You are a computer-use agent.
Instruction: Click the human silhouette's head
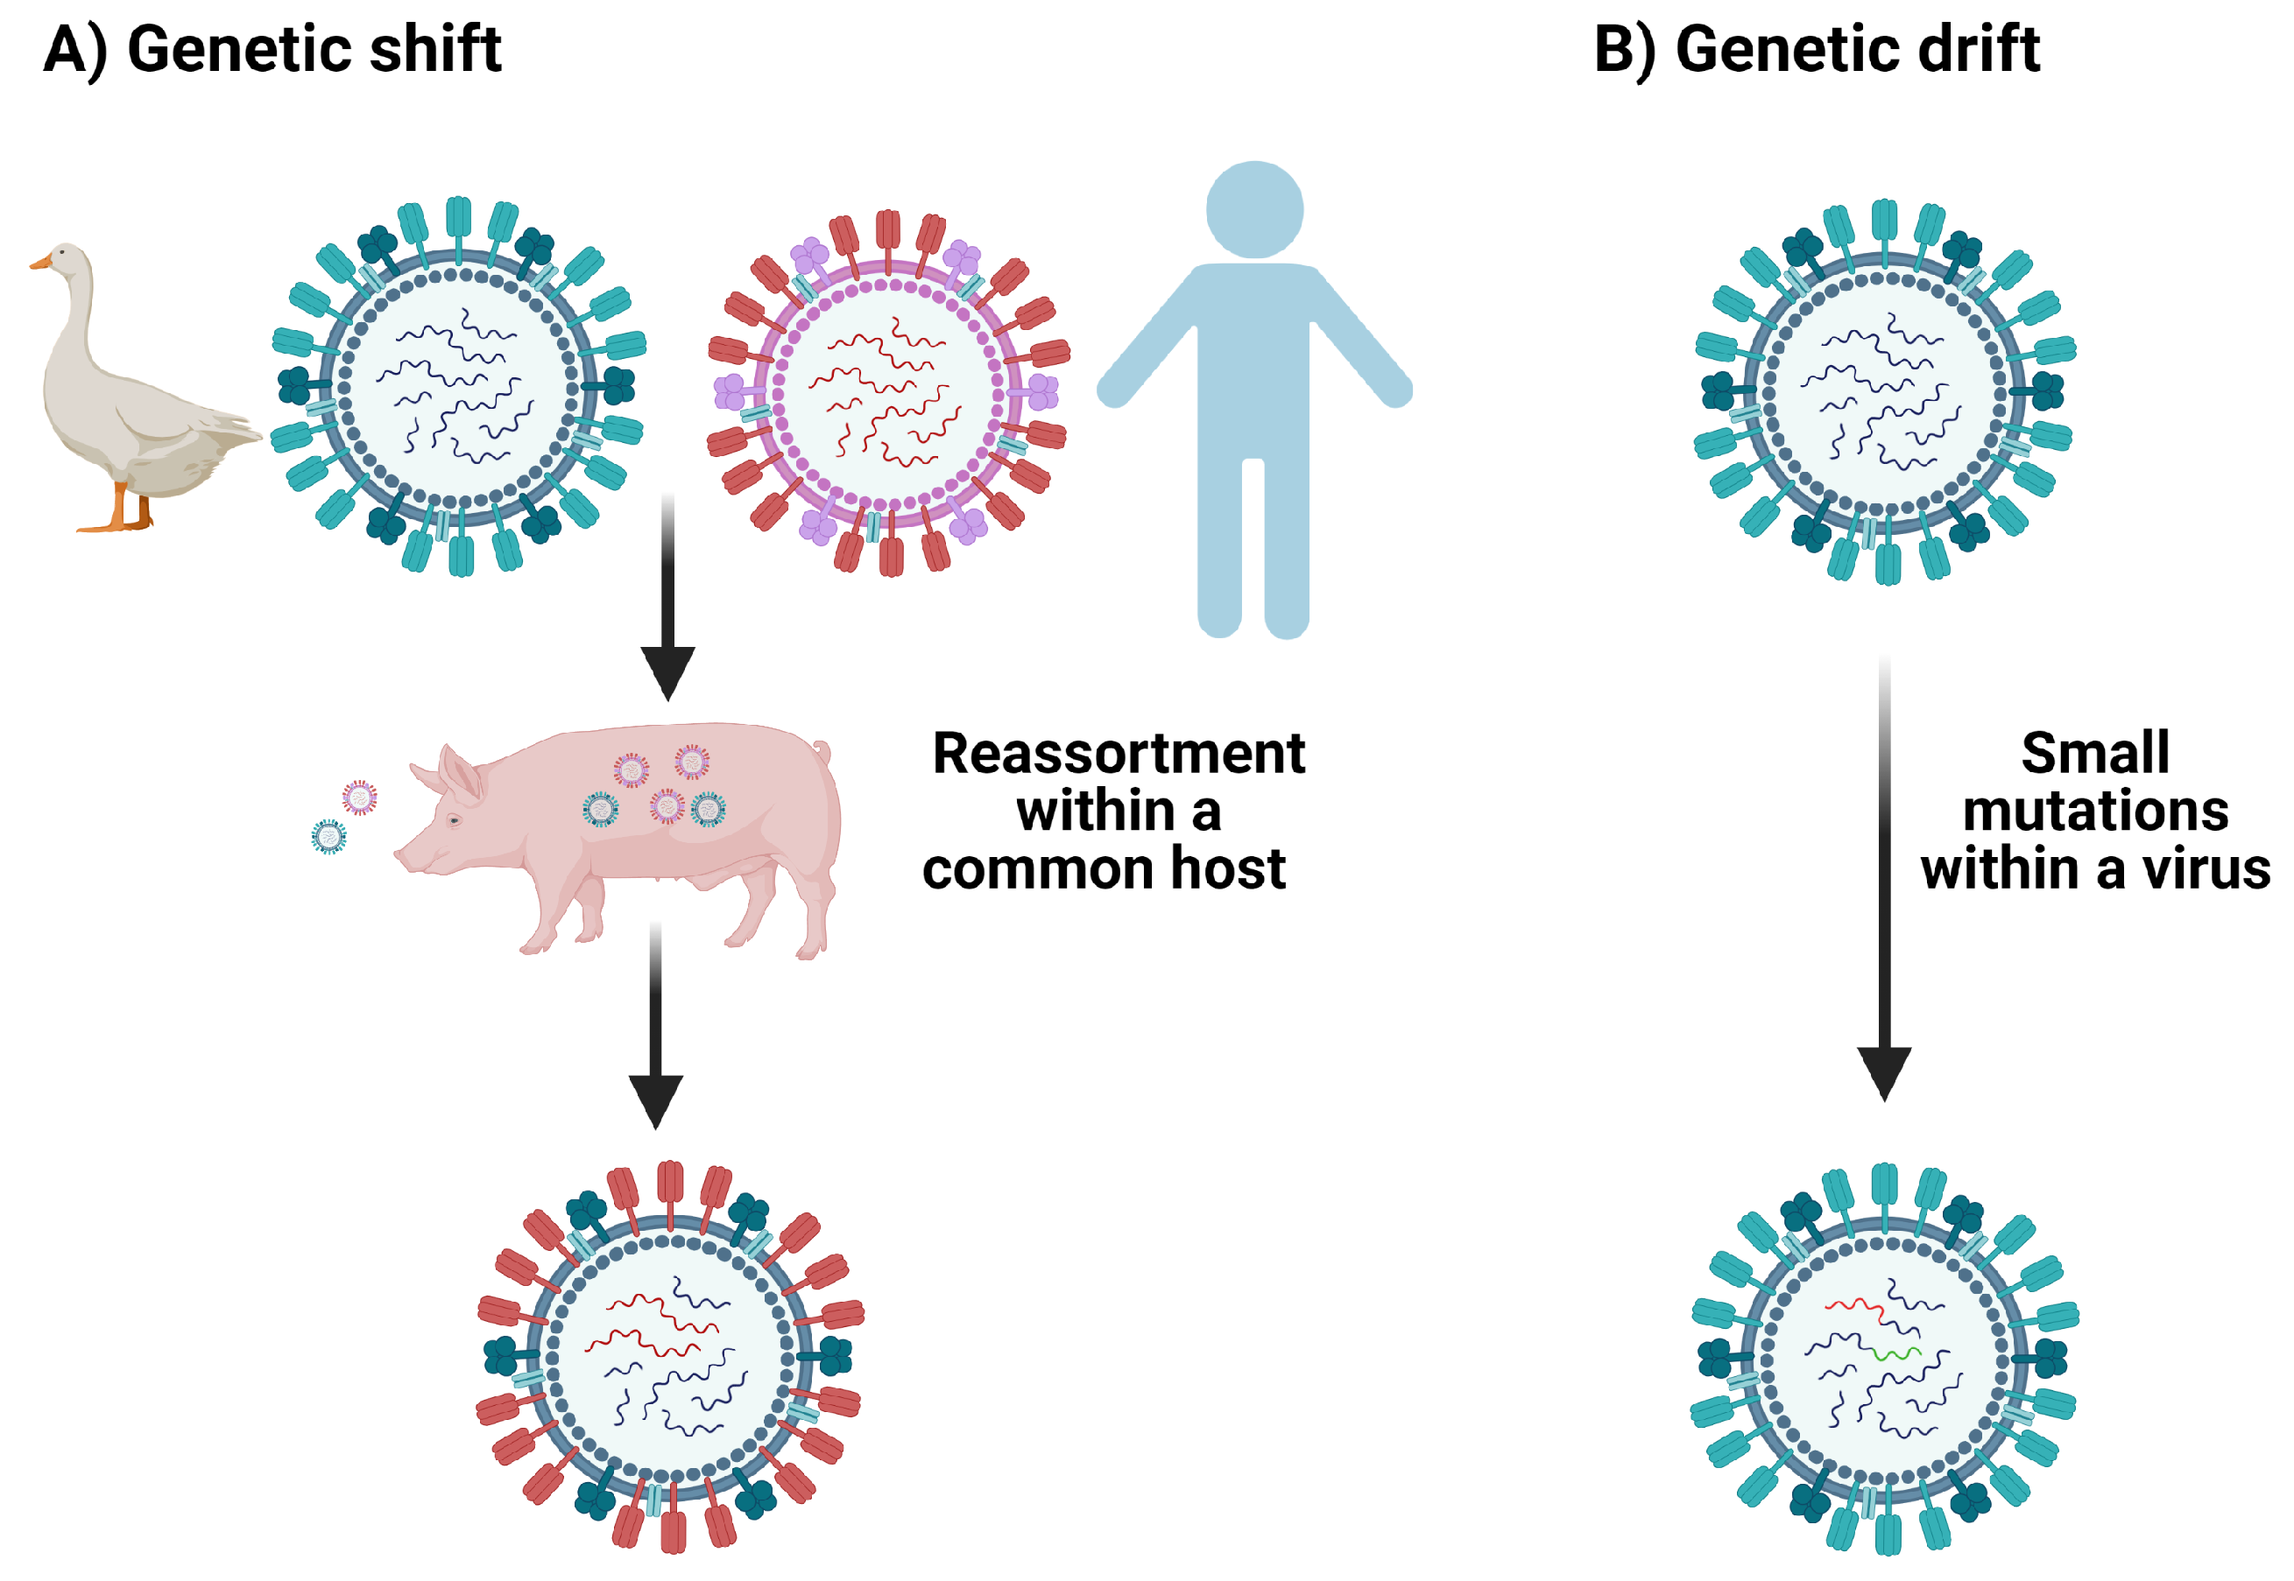(1253, 210)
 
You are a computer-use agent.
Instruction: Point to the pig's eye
(454, 820)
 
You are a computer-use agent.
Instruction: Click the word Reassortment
(1118, 755)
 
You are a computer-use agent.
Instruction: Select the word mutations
(2095, 812)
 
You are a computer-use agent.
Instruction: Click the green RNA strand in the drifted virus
(1896, 1353)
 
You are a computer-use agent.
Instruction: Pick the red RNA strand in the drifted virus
(1853, 1308)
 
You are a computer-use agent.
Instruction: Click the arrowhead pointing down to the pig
(668, 671)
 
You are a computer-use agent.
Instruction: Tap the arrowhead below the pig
(655, 1100)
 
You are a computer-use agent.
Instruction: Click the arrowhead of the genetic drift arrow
(1884, 1072)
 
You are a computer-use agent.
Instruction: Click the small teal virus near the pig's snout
(329, 837)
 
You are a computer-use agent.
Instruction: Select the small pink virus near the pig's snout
(360, 798)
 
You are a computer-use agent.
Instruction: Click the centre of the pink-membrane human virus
(889, 394)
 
